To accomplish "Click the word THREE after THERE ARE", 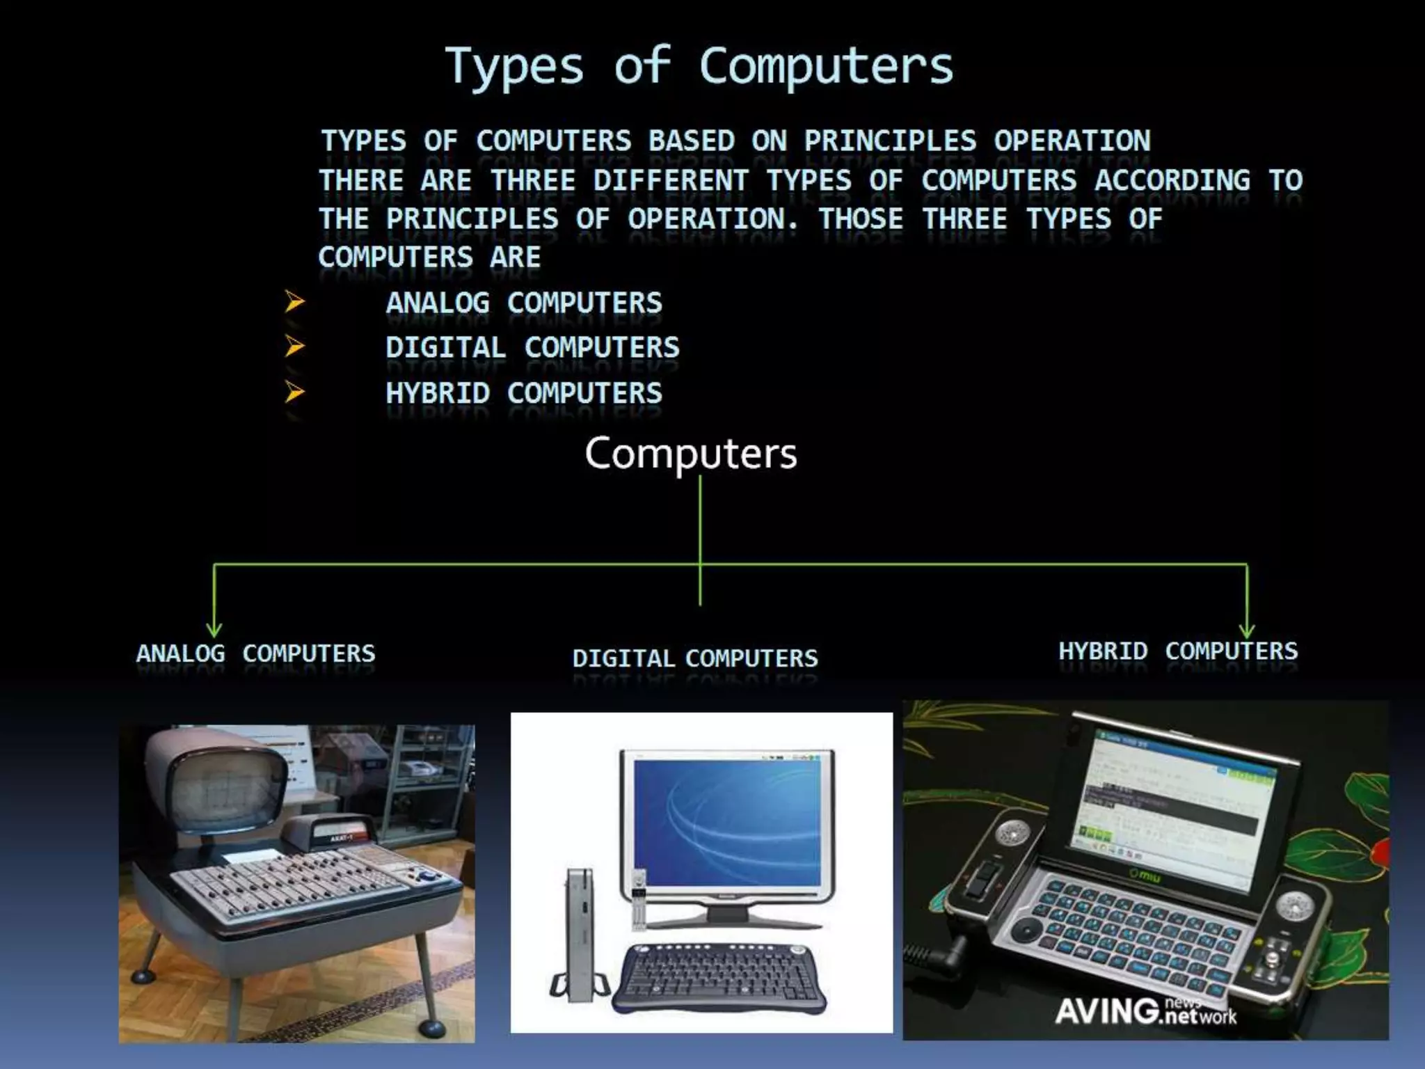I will tap(533, 181).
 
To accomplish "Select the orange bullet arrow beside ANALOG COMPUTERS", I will tap(294, 302).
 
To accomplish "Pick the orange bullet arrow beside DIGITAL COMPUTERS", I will tap(294, 346).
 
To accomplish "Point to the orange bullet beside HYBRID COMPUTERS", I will tap(294, 393).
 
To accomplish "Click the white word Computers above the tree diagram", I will tap(690, 454).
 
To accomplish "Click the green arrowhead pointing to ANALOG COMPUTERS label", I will tap(214, 629).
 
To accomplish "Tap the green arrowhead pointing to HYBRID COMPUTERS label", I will tap(1247, 631).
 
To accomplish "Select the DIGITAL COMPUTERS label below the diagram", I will tap(694, 658).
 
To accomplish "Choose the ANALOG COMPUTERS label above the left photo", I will tap(255, 654).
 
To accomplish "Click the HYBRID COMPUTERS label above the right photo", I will tap(1178, 651).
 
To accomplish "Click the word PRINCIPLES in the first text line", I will tap(890, 141).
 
